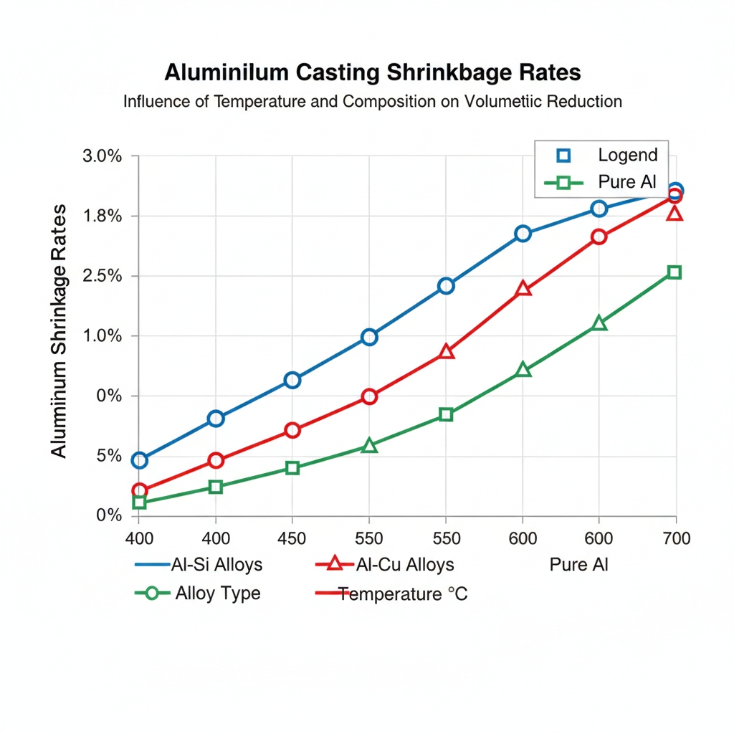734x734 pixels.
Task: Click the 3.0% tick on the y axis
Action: (x=103, y=156)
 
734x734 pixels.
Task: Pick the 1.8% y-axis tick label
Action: (x=103, y=216)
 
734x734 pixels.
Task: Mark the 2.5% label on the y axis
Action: (x=103, y=276)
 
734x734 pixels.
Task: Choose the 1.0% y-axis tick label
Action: (x=103, y=336)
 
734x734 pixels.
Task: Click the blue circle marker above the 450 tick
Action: (x=292, y=380)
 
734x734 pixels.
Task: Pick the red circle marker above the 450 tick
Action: (x=292, y=430)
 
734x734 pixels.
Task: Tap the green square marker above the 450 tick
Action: (x=292, y=468)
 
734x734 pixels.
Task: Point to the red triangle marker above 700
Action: (x=675, y=214)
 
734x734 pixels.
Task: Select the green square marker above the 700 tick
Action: (x=675, y=272)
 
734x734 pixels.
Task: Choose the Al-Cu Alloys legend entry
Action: (x=404, y=565)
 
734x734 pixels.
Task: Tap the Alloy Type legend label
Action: (x=218, y=594)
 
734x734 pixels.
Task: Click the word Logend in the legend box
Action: (x=627, y=155)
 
